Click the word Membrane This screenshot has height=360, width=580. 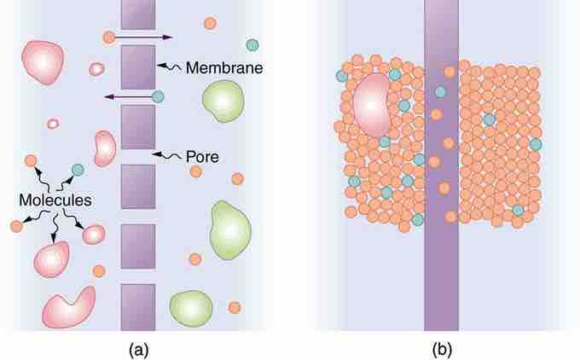224,67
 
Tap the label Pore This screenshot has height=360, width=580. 202,157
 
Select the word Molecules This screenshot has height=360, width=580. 55,200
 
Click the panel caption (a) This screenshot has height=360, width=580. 139,349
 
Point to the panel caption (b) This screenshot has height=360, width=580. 442,349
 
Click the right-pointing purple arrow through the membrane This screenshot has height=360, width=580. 143,38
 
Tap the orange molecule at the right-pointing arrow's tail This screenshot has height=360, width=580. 109,37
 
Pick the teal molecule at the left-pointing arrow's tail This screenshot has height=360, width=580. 158,96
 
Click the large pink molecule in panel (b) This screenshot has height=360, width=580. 371,105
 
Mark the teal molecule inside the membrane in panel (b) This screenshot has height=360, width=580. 440,92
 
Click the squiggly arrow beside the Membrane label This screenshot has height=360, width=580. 169,67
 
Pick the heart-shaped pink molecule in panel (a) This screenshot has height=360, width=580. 69,307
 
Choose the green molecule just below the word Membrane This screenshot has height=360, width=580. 223,102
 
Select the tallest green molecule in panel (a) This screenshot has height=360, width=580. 230,229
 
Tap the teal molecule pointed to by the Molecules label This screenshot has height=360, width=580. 78,170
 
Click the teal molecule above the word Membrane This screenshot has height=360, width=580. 252,45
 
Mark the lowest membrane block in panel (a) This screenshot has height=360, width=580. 138,307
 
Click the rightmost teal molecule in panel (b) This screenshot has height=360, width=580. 536,144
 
